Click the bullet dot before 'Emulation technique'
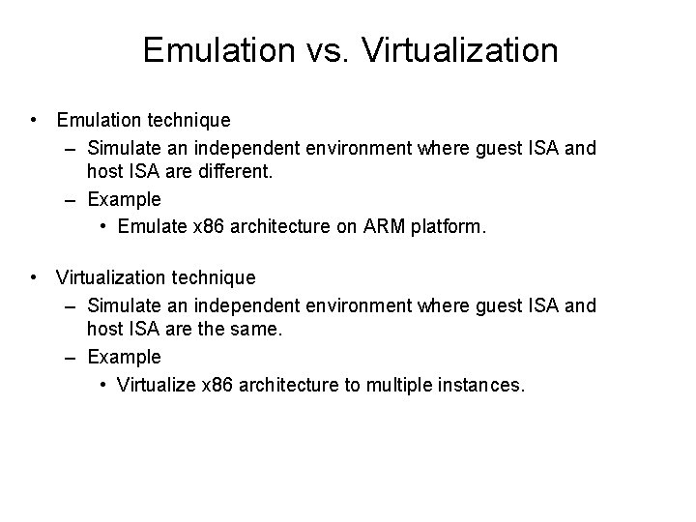click(x=34, y=121)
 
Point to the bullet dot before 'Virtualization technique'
click(x=34, y=278)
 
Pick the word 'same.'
click(x=253, y=331)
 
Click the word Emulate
click(x=149, y=226)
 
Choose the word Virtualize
click(x=153, y=384)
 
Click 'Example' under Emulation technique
click(x=124, y=200)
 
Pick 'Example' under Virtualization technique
click(x=124, y=358)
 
